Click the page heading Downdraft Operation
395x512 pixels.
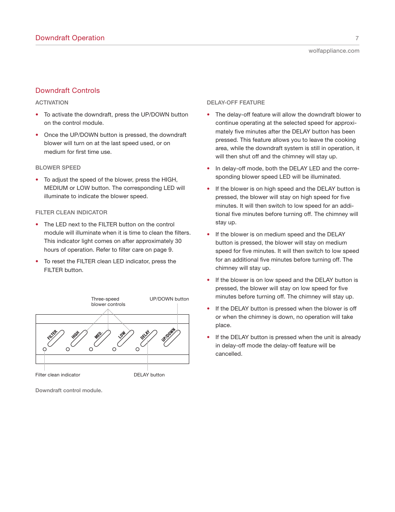pyautogui.click(x=70, y=38)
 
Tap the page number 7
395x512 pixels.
pyautogui.click(x=357, y=38)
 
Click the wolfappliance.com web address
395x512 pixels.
pyautogui.click(x=334, y=51)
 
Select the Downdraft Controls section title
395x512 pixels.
pyautogui.click(x=67, y=90)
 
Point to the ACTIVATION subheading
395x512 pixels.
pyautogui.click(x=52, y=102)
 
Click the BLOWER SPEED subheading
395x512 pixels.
pyautogui.click(x=58, y=167)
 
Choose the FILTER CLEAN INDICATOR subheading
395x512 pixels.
pyautogui.click(x=71, y=212)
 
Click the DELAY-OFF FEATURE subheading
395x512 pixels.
pyautogui.click(x=236, y=102)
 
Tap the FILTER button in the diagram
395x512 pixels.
pyautogui.click(x=56, y=338)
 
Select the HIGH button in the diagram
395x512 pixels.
pyautogui.click(x=79, y=338)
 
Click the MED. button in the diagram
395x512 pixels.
pyautogui.click(x=102, y=338)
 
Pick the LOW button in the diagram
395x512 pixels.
pyautogui.click(x=125, y=338)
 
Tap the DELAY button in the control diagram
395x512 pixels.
pyautogui.click(x=149, y=338)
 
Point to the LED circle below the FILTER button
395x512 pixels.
pyautogui.click(x=45, y=349)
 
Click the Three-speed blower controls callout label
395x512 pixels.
pyautogui.click(x=108, y=301)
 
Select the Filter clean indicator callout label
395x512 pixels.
pyautogui.click(x=58, y=375)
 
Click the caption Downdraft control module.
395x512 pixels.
pyautogui.click(x=69, y=391)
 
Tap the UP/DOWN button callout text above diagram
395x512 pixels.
pyautogui.click(x=169, y=299)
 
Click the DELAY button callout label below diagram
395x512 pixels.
pyautogui.click(x=149, y=375)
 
